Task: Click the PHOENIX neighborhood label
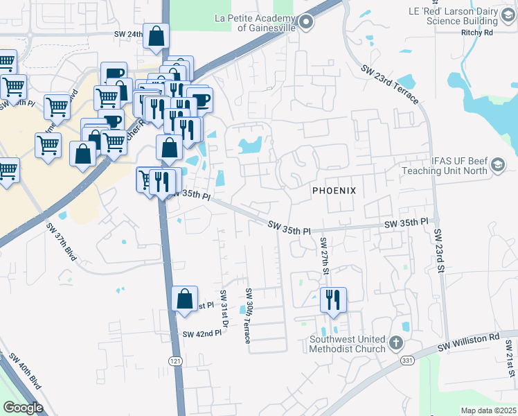tap(334, 191)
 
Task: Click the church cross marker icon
tap(395, 343)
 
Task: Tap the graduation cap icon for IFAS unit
tap(498, 165)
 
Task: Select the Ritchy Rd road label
tap(479, 32)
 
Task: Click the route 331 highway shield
tap(407, 361)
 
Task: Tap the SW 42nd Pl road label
tap(202, 333)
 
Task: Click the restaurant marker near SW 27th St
tap(333, 300)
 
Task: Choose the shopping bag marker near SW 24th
tap(157, 37)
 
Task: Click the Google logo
tap(23, 408)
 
